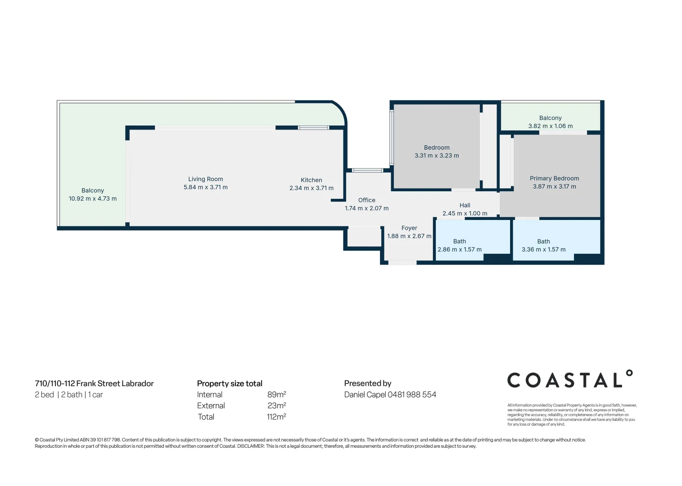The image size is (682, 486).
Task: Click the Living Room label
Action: (x=205, y=179)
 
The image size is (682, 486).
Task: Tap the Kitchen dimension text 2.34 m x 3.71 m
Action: (x=312, y=188)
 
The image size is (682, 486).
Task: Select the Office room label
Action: (x=366, y=200)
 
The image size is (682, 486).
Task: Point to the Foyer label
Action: (x=409, y=228)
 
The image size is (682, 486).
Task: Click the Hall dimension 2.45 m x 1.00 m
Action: (x=465, y=213)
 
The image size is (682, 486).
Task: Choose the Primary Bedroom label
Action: (x=554, y=179)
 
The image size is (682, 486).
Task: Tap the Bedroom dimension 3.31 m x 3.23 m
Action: (x=437, y=156)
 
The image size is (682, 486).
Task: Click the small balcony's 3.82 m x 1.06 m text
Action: (x=550, y=126)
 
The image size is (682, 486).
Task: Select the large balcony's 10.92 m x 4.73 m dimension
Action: (x=93, y=198)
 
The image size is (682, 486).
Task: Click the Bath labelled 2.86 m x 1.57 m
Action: (x=459, y=245)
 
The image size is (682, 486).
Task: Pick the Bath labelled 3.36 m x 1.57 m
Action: (x=543, y=245)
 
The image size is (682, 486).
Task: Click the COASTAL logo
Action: (x=570, y=380)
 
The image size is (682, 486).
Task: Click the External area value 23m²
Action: (x=276, y=405)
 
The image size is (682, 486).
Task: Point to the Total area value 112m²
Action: (x=276, y=417)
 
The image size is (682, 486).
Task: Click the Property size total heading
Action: (x=230, y=383)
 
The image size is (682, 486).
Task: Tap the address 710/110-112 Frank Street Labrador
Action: (x=94, y=383)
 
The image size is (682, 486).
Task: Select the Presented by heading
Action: (x=367, y=383)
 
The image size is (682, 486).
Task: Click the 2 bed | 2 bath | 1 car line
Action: (x=69, y=395)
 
